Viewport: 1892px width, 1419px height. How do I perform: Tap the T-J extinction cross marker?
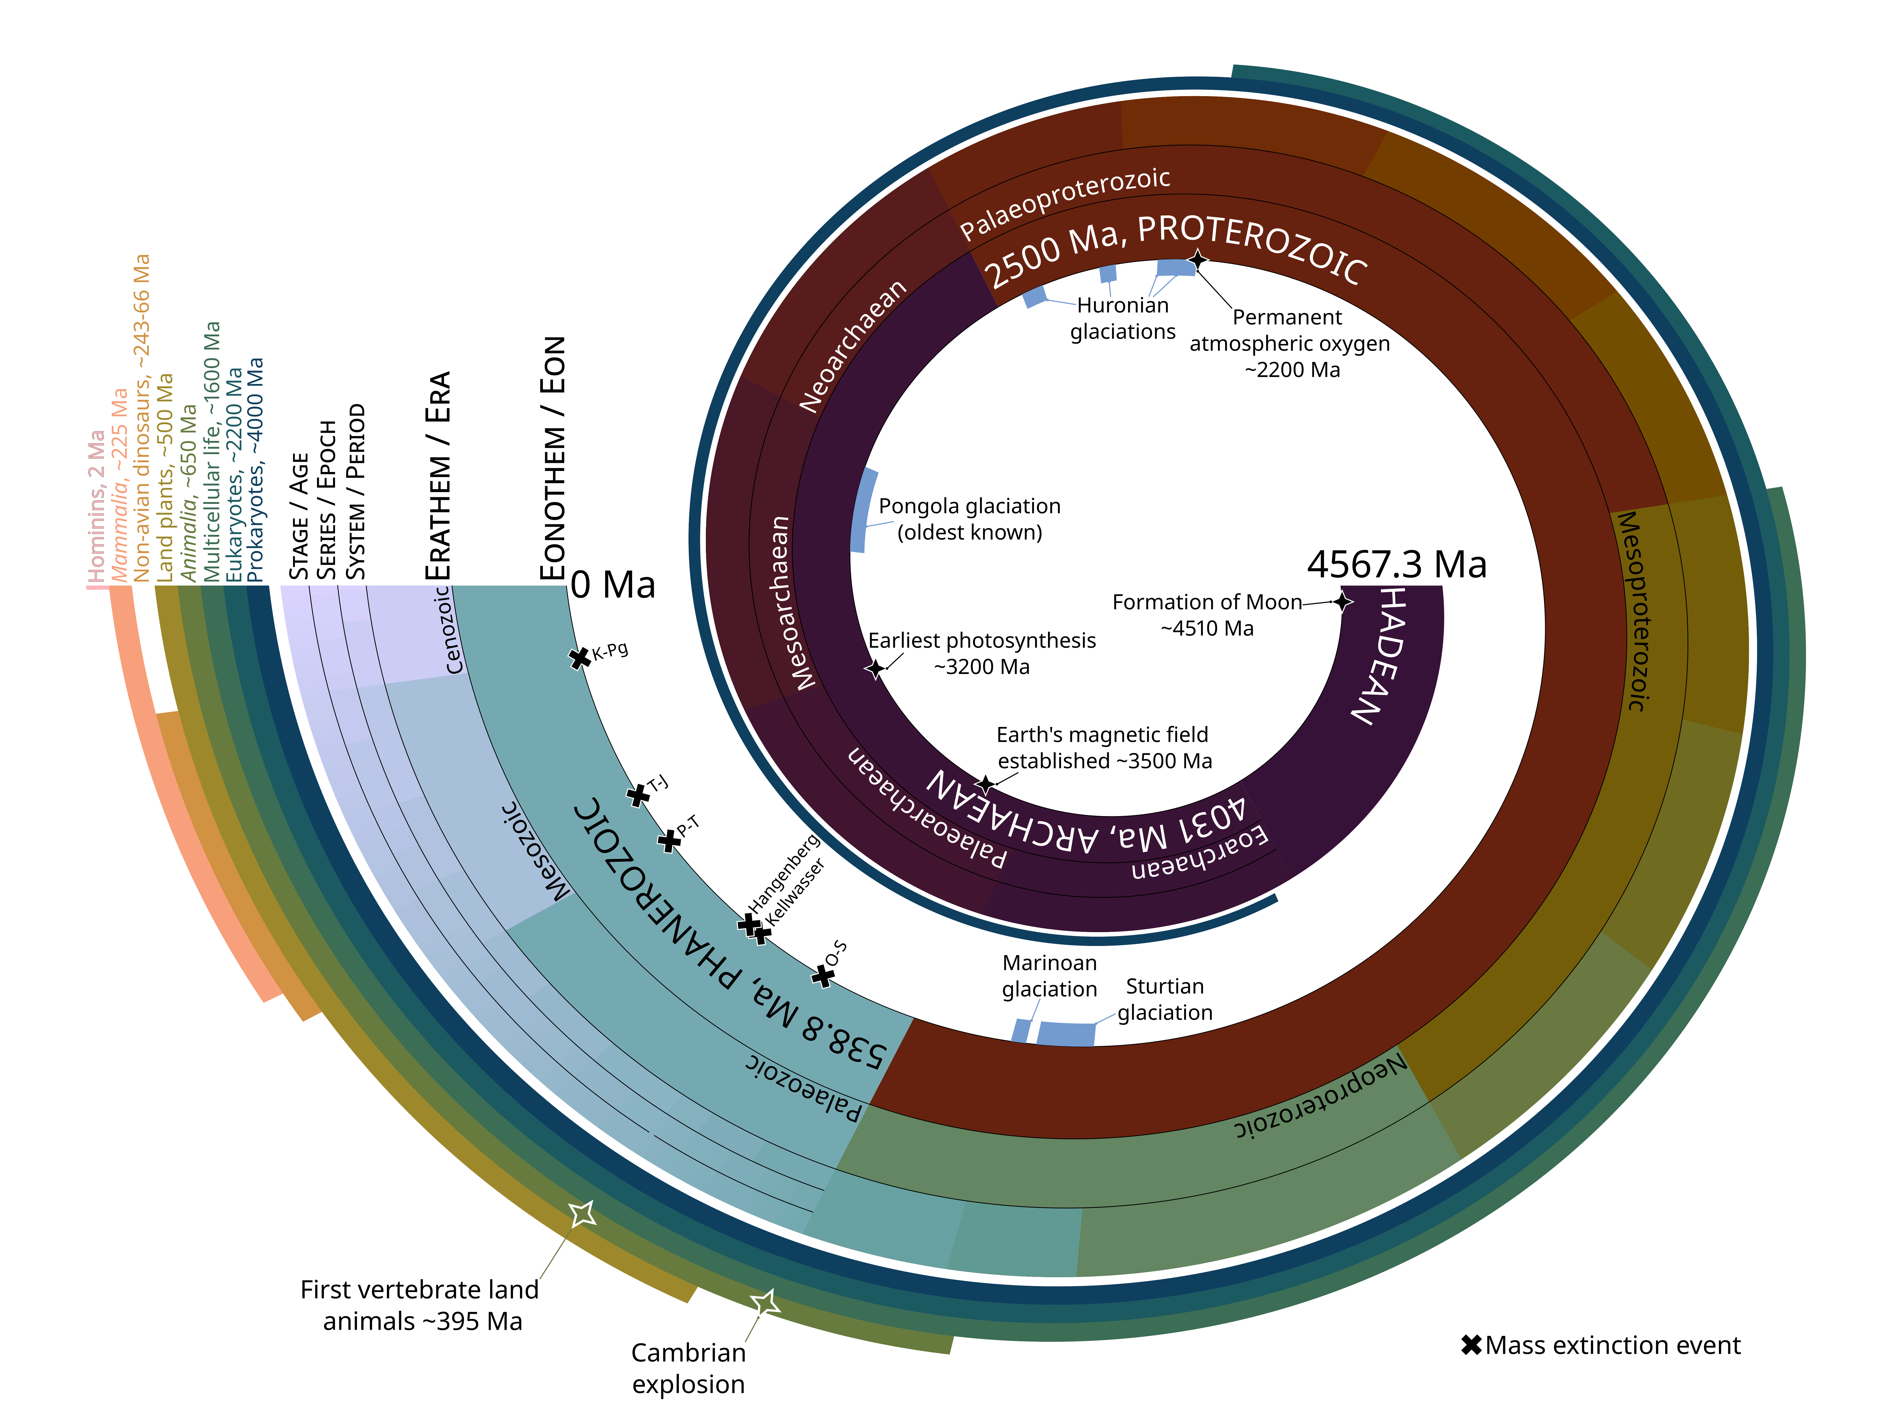click(637, 795)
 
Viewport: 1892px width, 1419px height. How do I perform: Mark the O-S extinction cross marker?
click(823, 976)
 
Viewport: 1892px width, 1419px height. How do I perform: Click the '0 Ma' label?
click(613, 585)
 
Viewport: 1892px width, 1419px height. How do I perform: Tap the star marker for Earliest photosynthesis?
click(875, 668)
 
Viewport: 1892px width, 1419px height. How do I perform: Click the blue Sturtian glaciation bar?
click(1066, 1033)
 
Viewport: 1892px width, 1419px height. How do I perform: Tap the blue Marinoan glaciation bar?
click(1020, 1031)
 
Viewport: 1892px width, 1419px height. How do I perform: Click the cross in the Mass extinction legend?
click(1471, 1345)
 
